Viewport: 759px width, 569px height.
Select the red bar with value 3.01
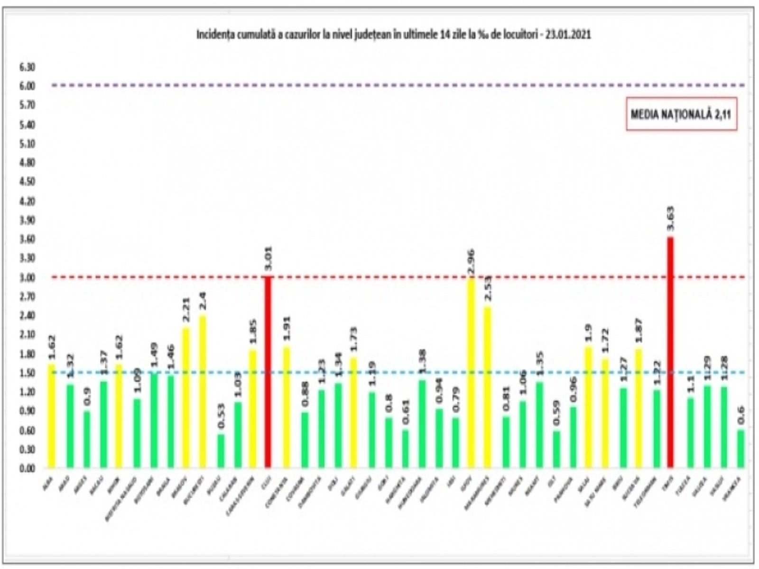tap(268, 372)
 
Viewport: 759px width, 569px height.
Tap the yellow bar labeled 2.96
tap(471, 373)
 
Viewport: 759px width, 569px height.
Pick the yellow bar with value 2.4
tap(203, 391)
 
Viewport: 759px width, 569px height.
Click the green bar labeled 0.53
tap(221, 451)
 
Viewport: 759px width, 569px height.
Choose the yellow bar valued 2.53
tap(488, 387)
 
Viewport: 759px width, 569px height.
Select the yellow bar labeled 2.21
tap(185, 397)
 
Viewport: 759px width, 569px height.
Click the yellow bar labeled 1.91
tap(287, 407)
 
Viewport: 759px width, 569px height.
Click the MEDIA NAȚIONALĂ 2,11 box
tap(682, 115)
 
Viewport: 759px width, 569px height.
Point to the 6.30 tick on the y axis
tap(28, 67)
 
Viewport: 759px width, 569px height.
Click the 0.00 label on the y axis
tap(28, 468)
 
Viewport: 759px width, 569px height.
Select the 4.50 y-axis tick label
tap(28, 182)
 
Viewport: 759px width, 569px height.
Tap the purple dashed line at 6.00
tap(379, 85)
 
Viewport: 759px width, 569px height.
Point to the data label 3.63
tap(670, 219)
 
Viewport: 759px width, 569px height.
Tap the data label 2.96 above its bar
tap(471, 262)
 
